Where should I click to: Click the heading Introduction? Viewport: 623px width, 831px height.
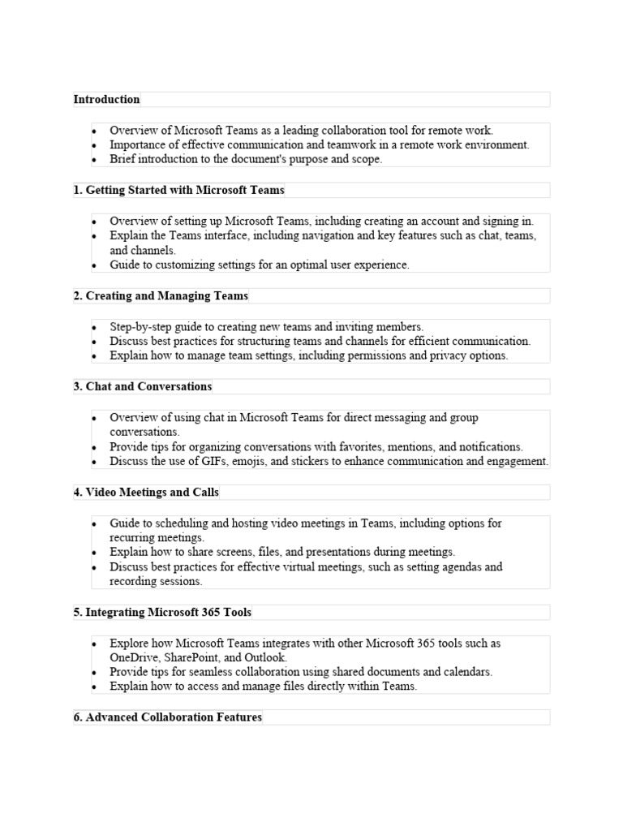click(x=106, y=99)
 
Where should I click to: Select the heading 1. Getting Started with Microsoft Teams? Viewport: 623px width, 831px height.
click(x=179, y=190)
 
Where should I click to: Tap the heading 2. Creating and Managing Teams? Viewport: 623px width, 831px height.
click(x=161, y=295)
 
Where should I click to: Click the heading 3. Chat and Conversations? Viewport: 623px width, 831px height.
click(x=143, y=386)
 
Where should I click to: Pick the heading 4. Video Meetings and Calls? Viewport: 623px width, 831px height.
click(x=146, y=492)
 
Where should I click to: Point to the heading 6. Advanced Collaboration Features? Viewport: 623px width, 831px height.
click(x=168, y=717)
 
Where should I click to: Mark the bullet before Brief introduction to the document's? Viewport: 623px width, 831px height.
click(x=94, y=160)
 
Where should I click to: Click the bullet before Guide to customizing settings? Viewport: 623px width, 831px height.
click(x=94, y=265)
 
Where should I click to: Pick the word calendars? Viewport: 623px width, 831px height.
click(x=467, y=672)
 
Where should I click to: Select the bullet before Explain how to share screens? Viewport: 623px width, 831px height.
click(x=94, y=553)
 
